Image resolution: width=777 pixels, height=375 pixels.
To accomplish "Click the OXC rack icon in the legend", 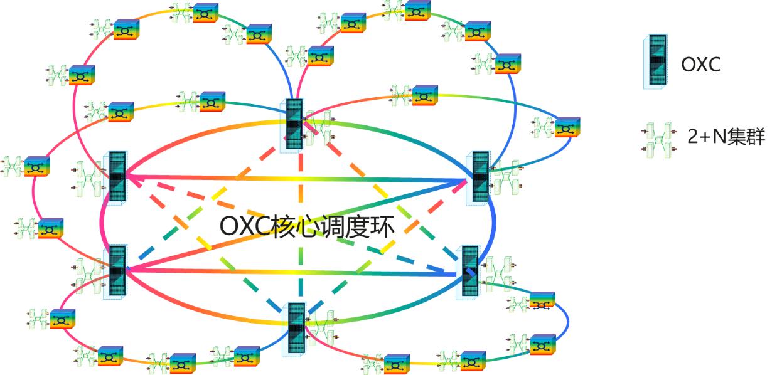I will tap(655, 61).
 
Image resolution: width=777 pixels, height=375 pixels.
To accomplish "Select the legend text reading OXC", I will tap(701, 64).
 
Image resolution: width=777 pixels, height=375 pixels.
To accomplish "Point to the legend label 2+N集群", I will tap(726, 137).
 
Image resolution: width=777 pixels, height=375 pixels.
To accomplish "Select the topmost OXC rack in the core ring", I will tap(294, 124).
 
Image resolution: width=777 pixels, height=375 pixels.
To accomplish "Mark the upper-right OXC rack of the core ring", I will tap(480, 176).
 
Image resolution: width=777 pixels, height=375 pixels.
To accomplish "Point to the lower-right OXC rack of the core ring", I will tap(469, 270).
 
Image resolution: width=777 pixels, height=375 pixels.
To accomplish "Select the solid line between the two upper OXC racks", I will tap(295, 180).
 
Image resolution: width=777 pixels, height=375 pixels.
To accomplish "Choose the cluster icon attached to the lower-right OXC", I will tap(496, 271).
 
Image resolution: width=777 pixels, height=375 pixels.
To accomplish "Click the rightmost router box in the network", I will tap(567, 127).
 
